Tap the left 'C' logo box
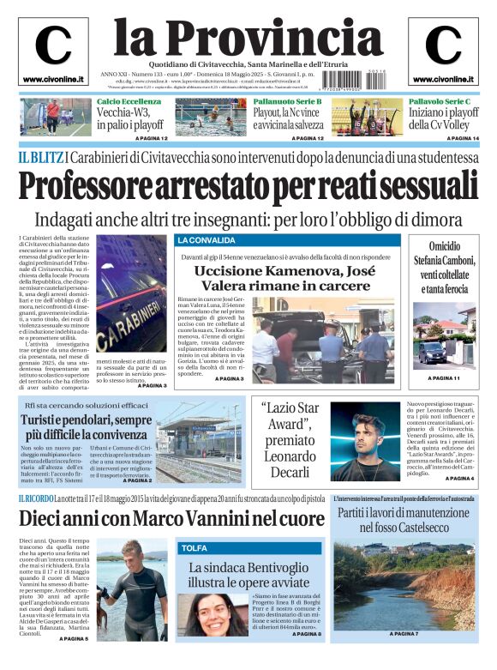click(x=53, y=50)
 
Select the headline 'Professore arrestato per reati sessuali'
click(x=248, y=185)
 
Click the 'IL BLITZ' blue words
click(x=40, y=157)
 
